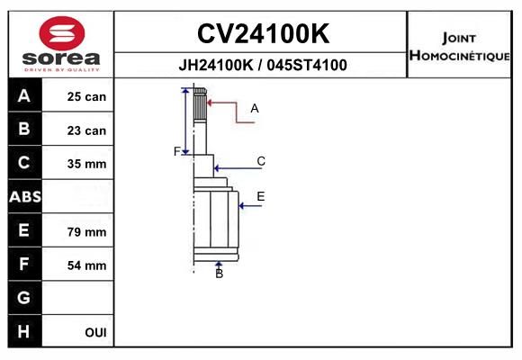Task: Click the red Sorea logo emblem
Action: click(x=62, y=33)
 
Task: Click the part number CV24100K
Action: click(x=263, y=33)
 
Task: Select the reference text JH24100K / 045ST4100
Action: click(x=263, y=65)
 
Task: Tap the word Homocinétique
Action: click(x=460, y=55)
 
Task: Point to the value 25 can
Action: click(x=86, y=96)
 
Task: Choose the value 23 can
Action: click(x=86, y=130)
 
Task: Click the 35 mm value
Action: click(x=86, y=164)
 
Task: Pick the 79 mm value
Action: click(x=86, y=232)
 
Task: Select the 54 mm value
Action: click(x=86, y=265)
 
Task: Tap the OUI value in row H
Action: click(x=95, y=332)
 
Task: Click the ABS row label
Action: click(x=25, y=196)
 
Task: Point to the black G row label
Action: click(x=25, y=297)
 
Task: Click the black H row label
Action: click(x=25, y=331)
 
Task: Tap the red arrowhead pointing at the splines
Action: click(x=210, y=103)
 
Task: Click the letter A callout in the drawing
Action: click(x=255, y=108)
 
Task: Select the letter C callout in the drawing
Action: click(x=261, y=161)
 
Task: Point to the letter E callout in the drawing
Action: click(x=261, y=196)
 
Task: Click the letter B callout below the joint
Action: click(x=219, y=274)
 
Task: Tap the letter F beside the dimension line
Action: click(x=177, y=151)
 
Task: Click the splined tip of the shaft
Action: click(x=200, y=105)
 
